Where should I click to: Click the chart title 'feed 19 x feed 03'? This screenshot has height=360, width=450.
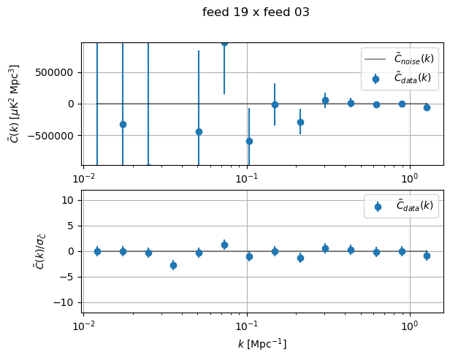[256, 12]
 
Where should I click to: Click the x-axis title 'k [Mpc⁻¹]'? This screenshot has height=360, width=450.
[262, 343]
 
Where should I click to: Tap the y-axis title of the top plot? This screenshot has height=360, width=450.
[15, 103]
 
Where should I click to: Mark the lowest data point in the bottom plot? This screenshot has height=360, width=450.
[173, 265]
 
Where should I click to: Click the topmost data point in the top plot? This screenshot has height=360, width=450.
[224, 43]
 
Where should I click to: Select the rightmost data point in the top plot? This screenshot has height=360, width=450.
[427, 107]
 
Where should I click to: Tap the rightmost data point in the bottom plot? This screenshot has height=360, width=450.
[427, 256]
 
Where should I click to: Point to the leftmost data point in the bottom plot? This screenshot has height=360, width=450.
[97, 251]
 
